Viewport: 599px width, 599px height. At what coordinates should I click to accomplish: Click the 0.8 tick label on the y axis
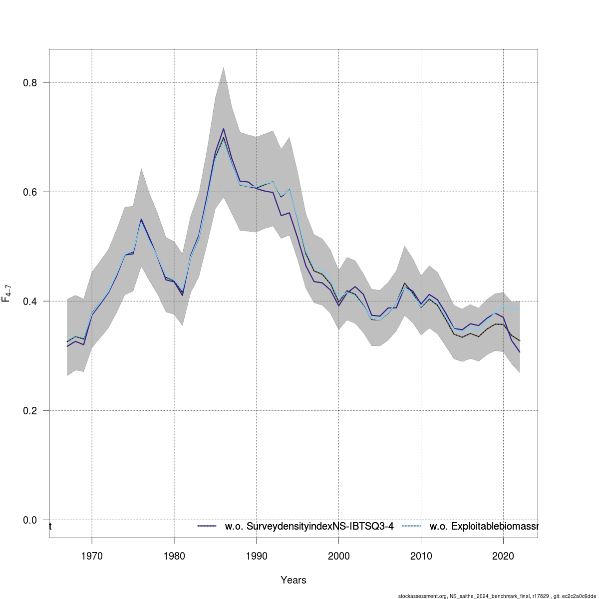pos(30,82)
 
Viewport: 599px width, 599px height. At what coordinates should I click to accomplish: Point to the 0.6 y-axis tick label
pos(30,192)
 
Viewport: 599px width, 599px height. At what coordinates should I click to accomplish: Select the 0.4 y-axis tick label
pos(30,301)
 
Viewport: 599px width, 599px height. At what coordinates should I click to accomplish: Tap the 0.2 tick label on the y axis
pos(30,410)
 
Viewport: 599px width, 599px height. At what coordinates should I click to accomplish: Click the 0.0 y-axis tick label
pos(30,520)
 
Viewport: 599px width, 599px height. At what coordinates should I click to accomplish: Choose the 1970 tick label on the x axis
pos(92,556)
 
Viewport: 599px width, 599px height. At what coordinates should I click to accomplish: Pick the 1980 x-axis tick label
pos(174,556)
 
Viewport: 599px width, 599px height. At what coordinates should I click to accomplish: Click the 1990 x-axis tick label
pos(256,556)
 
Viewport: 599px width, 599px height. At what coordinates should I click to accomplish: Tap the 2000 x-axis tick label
pos(338,556)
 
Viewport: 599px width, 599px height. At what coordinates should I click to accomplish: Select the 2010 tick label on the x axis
pos(421,556)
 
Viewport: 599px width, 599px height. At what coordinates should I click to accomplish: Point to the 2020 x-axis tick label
pos(503,556)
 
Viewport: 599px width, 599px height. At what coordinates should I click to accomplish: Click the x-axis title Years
pos(294,580)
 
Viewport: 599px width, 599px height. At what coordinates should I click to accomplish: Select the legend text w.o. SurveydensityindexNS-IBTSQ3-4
pos(309,526)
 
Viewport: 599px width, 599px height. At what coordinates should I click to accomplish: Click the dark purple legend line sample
pos(207,526)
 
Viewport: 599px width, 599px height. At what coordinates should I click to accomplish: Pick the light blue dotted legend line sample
pos(412,526)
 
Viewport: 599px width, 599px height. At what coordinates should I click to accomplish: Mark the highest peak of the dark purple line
pos(223,129)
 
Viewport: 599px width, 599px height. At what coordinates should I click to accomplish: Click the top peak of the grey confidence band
pos(223,67)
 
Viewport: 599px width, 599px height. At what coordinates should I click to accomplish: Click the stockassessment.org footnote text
pos(497,596)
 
